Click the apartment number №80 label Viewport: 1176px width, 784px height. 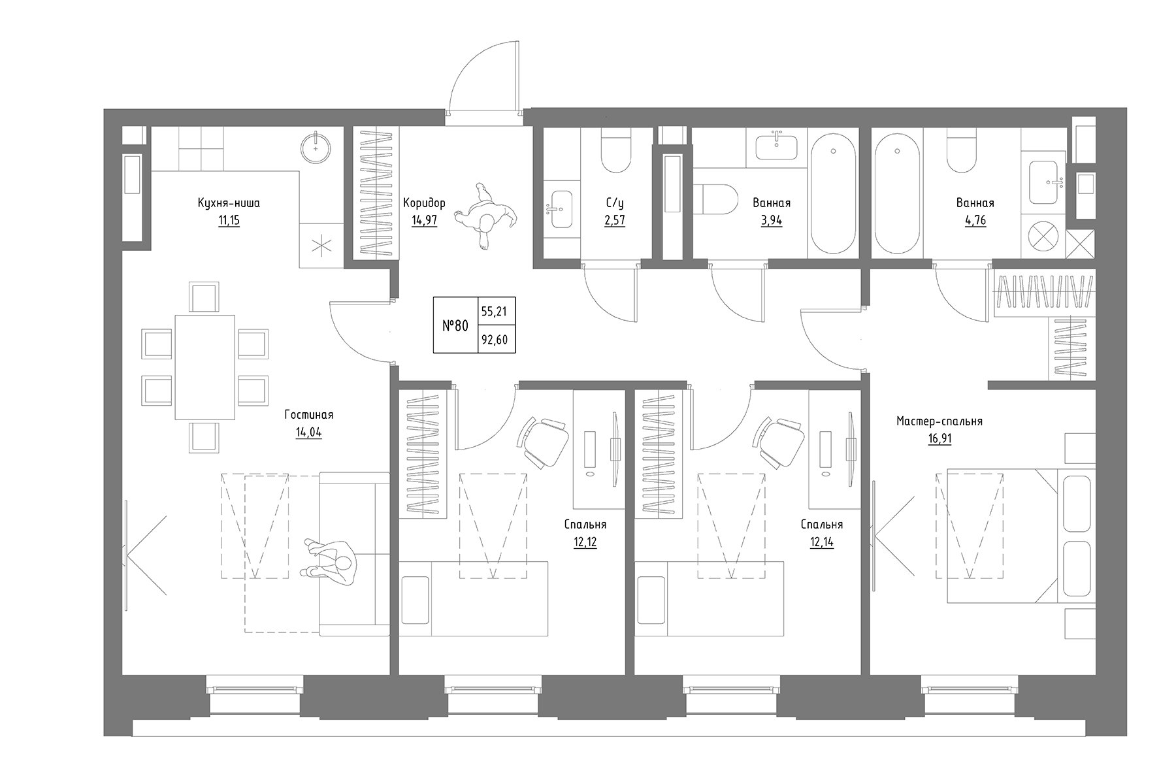point(455,325)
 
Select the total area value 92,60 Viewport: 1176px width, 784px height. point(494,340)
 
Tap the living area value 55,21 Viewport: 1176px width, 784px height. point(494,312)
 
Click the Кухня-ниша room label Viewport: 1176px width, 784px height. point(229,203)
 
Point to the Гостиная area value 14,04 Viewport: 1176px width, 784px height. point(308,433)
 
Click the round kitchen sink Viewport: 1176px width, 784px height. point(317,148)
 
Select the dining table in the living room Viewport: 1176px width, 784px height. point(204,367)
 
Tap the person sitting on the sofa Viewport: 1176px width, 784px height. point(332,560)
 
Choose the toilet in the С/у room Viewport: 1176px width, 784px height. point(615,152)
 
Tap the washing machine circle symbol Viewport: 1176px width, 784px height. point(1043,237)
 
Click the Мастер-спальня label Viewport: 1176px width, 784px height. point(939,421)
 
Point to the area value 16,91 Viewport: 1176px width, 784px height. point(939,439)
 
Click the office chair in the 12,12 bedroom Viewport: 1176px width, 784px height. point(545,442)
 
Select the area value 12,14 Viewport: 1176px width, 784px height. point(821,542)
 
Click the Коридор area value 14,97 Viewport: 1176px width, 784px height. point(424,221)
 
